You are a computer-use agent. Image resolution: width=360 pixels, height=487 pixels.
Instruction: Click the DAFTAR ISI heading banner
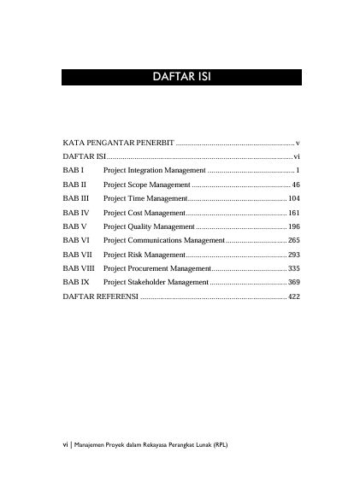tap(181, 78)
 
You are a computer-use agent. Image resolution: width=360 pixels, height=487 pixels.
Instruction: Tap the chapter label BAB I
tap(72, 170)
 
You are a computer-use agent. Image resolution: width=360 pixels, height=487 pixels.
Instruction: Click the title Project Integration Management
tap(154, 170)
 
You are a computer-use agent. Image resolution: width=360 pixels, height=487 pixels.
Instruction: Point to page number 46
tap(295, 185)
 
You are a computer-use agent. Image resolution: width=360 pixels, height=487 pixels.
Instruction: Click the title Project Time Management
tap(144, 198)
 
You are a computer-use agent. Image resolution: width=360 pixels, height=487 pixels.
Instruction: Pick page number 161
tap(293, 212)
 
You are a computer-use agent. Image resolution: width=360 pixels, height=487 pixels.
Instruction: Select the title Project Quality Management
tap(149, 226)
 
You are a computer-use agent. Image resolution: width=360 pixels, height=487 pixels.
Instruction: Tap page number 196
tap(293, 226)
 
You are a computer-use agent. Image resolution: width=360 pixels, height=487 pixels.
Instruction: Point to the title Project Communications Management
tap(163, 240)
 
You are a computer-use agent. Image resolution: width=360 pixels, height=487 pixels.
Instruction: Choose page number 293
tap(293, 254)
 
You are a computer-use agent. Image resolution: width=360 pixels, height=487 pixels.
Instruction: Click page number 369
tap(293, 281)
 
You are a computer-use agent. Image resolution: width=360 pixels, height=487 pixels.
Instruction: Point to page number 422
tap(293, 296)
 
